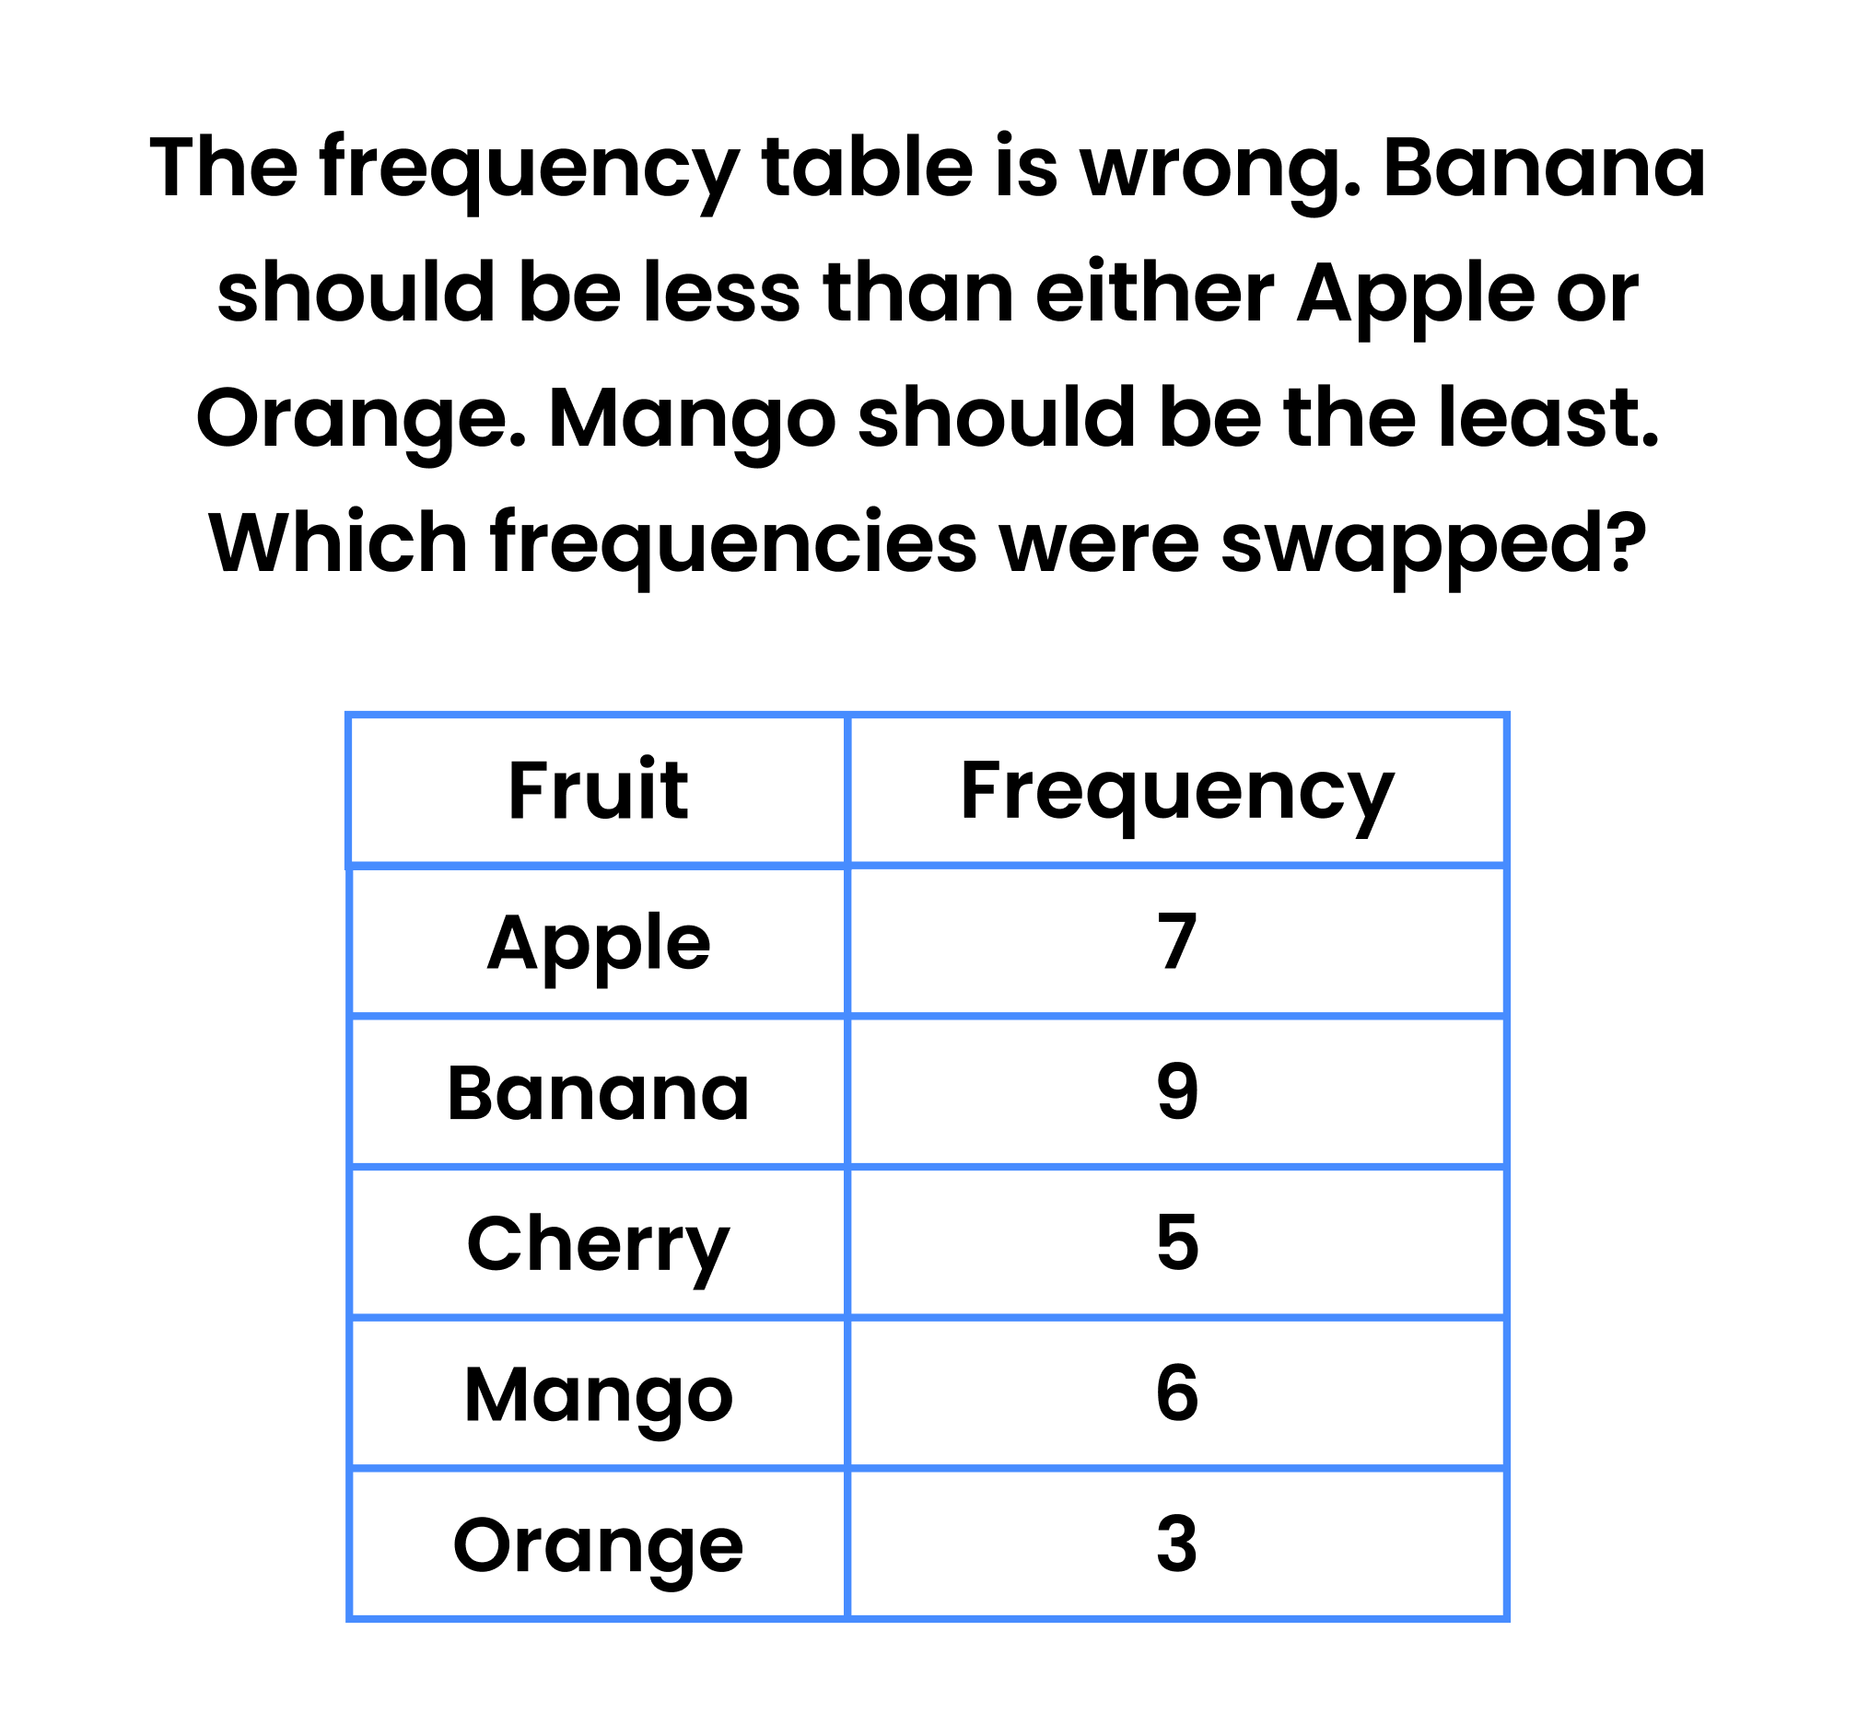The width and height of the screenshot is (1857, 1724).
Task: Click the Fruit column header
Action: coord(597,791)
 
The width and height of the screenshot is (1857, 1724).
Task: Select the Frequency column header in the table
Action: coord(1175,791)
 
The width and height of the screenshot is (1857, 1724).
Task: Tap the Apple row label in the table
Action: coord(597,942)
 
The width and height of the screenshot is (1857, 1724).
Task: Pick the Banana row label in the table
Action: coord(597,1092)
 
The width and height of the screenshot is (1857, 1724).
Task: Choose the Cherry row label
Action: coord(597,1243)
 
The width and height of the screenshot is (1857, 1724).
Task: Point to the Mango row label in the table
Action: coord(597,1394)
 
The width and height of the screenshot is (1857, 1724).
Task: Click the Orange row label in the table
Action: coord(597,1546)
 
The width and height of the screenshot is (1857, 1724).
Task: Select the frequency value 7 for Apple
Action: coord(1176,942)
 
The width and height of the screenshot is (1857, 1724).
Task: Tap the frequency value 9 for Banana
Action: coord(1176,1092)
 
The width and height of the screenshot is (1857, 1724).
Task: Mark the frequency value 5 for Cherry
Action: coord(1176,1243)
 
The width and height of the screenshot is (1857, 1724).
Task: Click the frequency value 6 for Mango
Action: coord(1176,1393)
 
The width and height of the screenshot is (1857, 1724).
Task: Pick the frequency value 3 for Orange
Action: coord(1176,1545)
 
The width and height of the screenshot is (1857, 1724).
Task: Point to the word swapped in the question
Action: coord(1432,543)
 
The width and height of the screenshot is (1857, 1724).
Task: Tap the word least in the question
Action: coord(1547,417)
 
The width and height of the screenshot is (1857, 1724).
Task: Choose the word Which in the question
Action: coord(338,543)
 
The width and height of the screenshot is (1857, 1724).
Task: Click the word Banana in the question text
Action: coord(1545,168)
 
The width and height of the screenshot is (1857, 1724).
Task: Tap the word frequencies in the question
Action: coord(733,543)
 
